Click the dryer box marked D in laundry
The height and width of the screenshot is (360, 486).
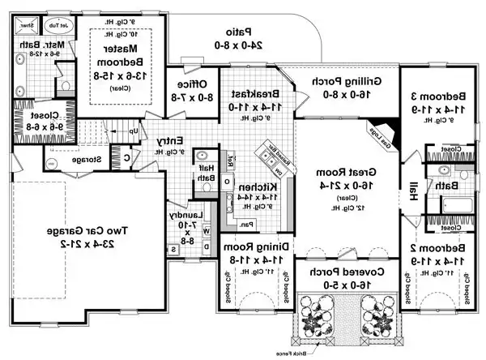pyautogui.click(x=207, y=246)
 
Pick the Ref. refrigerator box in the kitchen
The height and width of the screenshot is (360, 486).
pyautogui.click(x=230, y=159)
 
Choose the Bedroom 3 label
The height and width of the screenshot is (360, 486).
pyautogui.click(x=446, y=96)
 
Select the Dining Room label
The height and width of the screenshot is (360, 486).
pyautogui.click(x=255, y=246)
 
